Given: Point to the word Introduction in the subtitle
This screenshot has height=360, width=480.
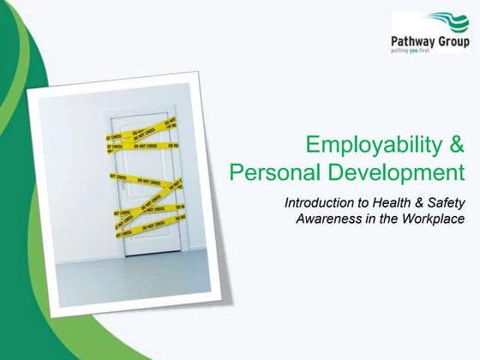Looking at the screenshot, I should (321, 203).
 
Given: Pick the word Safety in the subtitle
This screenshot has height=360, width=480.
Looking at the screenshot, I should (446, 203).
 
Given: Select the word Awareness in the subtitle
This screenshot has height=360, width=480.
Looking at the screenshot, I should (327, 219).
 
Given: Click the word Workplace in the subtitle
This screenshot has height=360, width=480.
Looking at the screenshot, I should (433, 219).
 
